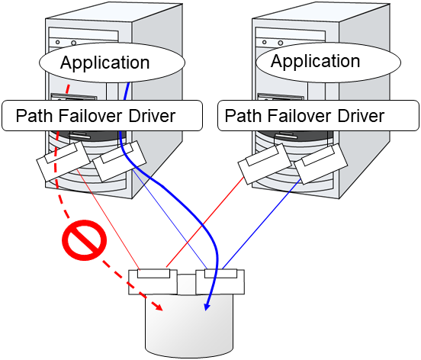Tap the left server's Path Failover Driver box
point(101,117)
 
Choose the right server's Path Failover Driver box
point(319,117)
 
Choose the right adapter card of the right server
point(320,164)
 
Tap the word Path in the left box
point(33,117)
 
